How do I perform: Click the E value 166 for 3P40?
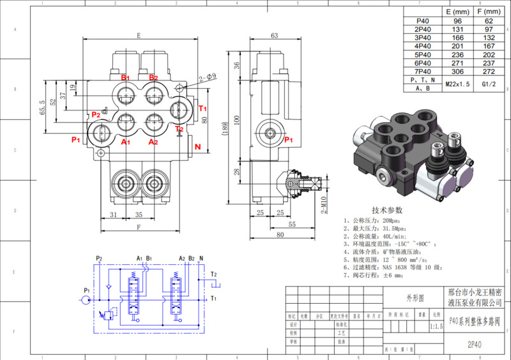click(x=458, y=38)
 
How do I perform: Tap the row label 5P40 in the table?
click(x=423, y=54)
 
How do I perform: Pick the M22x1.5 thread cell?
click(x=458, y=84)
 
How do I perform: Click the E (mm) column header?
click(x=458, y=12)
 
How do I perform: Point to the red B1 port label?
click(x=126, y=78)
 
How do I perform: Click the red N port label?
click(x=198, y=147)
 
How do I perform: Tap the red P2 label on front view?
click(x=96, y=114)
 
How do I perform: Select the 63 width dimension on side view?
click(x=274, y=36)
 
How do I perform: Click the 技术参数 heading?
click(x=388, y=210)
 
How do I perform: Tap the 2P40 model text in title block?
click(x=474, y=345)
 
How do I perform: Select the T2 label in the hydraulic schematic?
click(x=215, y=275)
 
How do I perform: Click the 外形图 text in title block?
click(x=415, y=298)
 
